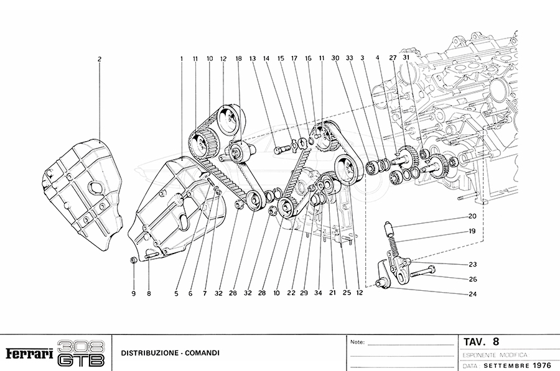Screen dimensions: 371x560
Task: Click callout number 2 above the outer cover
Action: click(x=99, y=59)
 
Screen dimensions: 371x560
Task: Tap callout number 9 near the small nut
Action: click(x=133, y=293)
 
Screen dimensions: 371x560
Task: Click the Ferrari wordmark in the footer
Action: click(x=28, y=354)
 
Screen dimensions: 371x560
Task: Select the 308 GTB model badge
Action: click(x=81, y=353)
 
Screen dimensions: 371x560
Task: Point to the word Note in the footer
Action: click(x=357, y=342)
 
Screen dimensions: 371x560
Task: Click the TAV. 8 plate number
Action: click(x=481, y=341)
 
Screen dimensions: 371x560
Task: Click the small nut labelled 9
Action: click(x=133, y=260)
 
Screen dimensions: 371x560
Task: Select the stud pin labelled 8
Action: click(x=151, y=254)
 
